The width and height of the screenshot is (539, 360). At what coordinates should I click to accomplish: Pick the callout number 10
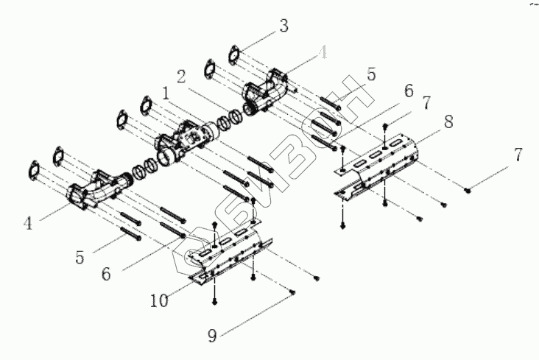159,301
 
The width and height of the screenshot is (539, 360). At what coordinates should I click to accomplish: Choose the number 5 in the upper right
371,74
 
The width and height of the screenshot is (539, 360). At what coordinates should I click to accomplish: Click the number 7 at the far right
519,155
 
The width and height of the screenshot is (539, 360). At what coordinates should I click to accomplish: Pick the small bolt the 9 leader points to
292,292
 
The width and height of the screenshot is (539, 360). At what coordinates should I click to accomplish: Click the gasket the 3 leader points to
234,54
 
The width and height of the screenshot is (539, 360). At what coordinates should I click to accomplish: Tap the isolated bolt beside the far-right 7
468,189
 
